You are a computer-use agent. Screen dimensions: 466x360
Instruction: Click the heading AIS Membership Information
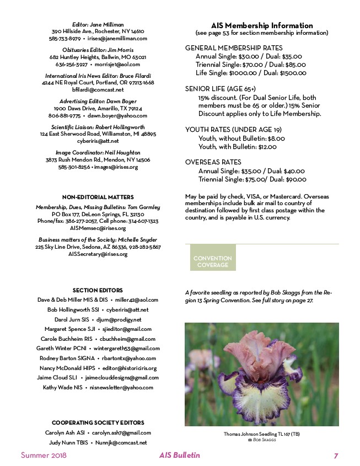pyautogui.click(x=262, y=25)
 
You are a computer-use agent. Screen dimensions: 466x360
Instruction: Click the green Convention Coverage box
pyautogui.click(x=213, y=261)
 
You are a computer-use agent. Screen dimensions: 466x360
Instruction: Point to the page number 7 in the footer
pyautogui.click(x=336, y=456)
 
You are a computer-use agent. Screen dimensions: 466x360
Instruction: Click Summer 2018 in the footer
pyautogui.click(x=44, y=456)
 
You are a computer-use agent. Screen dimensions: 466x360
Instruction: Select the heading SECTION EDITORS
pyautogui.click(x=98, y=290)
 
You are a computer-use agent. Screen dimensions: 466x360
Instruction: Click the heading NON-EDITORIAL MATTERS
pyautogui.click(x=98, y=196)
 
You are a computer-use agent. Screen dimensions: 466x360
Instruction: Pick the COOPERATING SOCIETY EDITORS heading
pyautogui.click(x=98, y=422)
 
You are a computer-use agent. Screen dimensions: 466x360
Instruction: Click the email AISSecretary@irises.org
pyautogui.click(x=98, y=254)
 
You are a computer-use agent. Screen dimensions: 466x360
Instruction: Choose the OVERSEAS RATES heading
pyautogui.click(x=213, y=162)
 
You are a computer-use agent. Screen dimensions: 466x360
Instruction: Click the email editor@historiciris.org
pyautogui.click(x=130, y=368)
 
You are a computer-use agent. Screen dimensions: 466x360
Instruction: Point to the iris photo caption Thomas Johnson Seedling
pyautogui.click(x=262, y=434)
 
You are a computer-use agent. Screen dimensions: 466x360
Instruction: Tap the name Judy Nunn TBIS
pyautogui.click(x=67, y=442)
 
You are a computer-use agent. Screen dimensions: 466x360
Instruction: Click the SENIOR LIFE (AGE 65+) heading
pyautogui.click(x=221, y=88)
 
